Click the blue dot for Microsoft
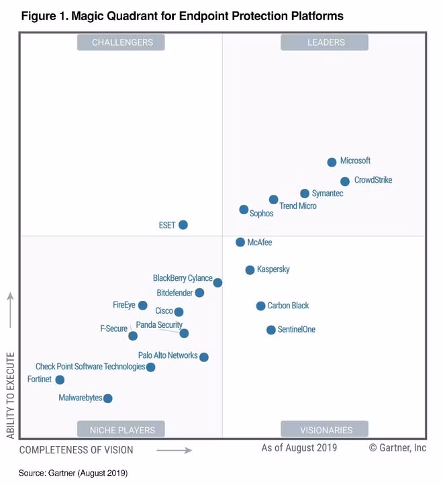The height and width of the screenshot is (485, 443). point(332,162)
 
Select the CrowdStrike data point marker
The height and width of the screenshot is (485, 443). point(344,181)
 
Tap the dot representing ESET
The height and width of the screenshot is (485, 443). point(183,225)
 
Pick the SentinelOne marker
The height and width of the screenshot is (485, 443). point(270,330)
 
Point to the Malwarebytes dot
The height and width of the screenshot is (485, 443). point(107,398)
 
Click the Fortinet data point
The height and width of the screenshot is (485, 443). point(60,380)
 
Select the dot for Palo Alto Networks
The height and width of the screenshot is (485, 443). point(203,357)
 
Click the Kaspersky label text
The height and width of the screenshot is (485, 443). point(273,269)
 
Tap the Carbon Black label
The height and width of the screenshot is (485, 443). point(288,306)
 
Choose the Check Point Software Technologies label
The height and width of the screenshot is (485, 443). point(90,367)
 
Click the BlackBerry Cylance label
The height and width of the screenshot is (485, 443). point(183,278)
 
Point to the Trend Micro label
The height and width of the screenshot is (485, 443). point(297,206)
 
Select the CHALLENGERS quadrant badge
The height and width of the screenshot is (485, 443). point(121,42)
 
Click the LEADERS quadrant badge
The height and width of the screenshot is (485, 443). point(326,42)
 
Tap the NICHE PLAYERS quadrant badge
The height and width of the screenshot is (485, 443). point(121,430)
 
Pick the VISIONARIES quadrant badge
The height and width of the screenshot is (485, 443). point(326,430)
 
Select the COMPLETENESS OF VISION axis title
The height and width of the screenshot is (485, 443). point(76,450)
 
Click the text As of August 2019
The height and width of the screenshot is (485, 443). point(299,447)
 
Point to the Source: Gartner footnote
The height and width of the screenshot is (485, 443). point(72,473)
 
